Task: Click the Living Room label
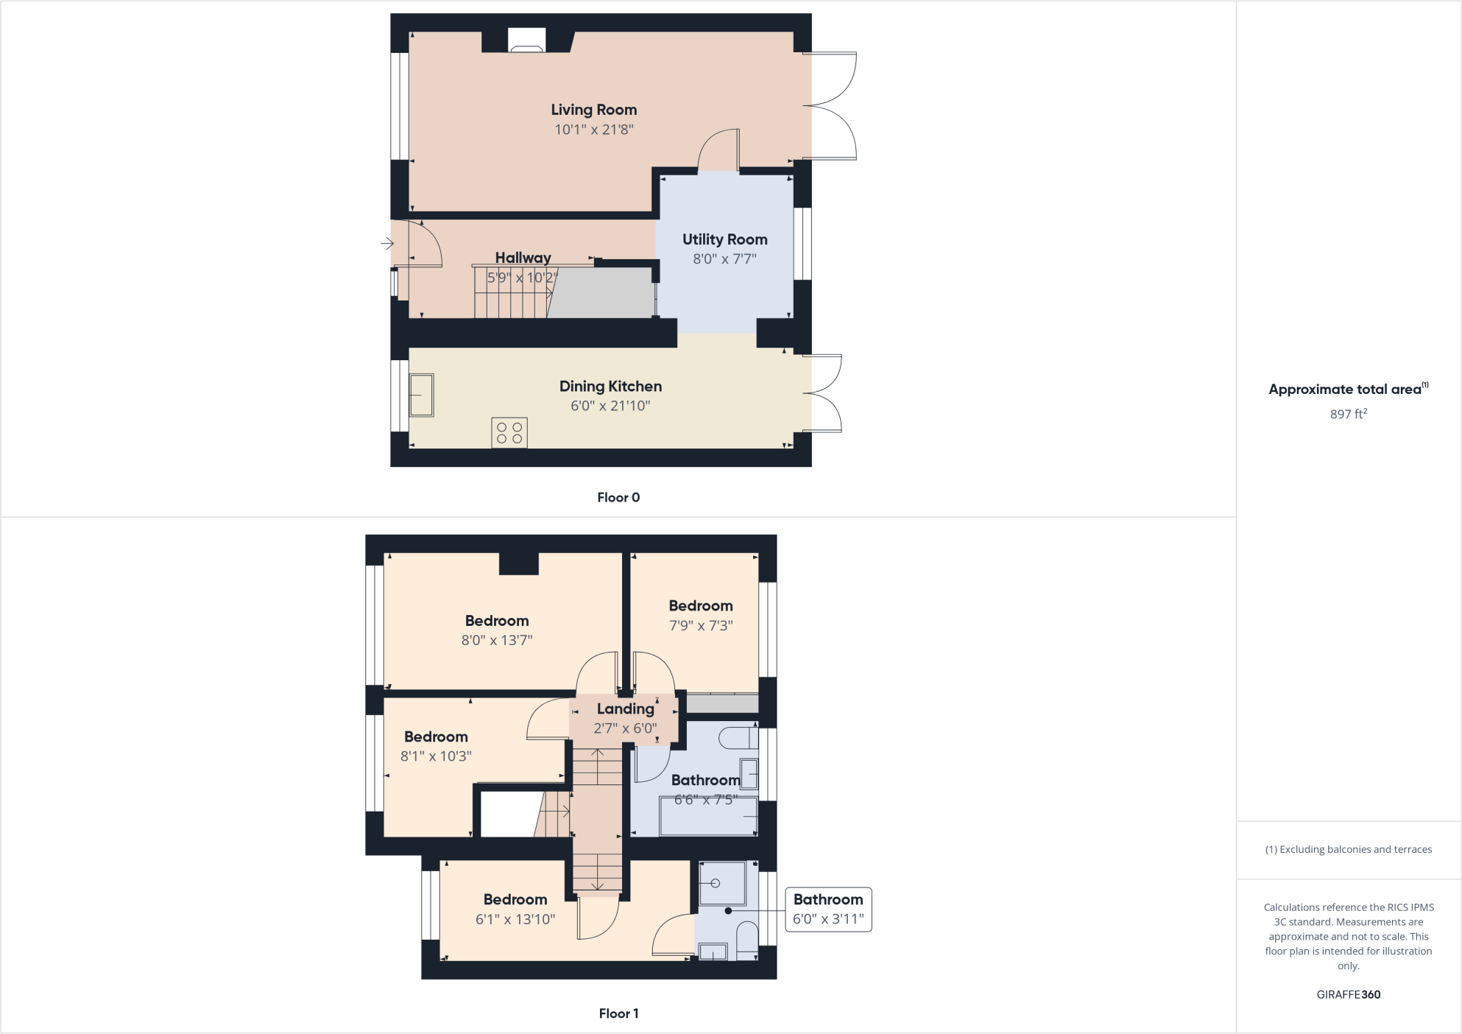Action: (593, 110)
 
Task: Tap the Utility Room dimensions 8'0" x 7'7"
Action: (724, 258)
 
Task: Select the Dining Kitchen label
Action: (610, 386)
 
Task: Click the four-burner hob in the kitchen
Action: (509, 433)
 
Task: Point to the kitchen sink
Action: (422, 395)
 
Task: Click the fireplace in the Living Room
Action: (527, 41)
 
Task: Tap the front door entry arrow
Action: (386, 243)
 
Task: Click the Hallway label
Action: (523, 258)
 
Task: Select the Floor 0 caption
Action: (618, 497)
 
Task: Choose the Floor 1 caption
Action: (618, 1013)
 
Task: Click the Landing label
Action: (625, 708)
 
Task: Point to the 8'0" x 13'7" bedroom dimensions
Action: (497, 640)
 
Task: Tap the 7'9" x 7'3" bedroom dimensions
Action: (701, 625)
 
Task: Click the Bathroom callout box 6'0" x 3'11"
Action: (828, 910)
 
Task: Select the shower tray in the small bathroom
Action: (722, 882)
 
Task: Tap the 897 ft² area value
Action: (1348, 414)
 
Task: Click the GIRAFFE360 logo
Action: (1348, 994)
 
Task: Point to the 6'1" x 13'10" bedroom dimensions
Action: (515, 919)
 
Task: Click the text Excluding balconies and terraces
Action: (1349, 849)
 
